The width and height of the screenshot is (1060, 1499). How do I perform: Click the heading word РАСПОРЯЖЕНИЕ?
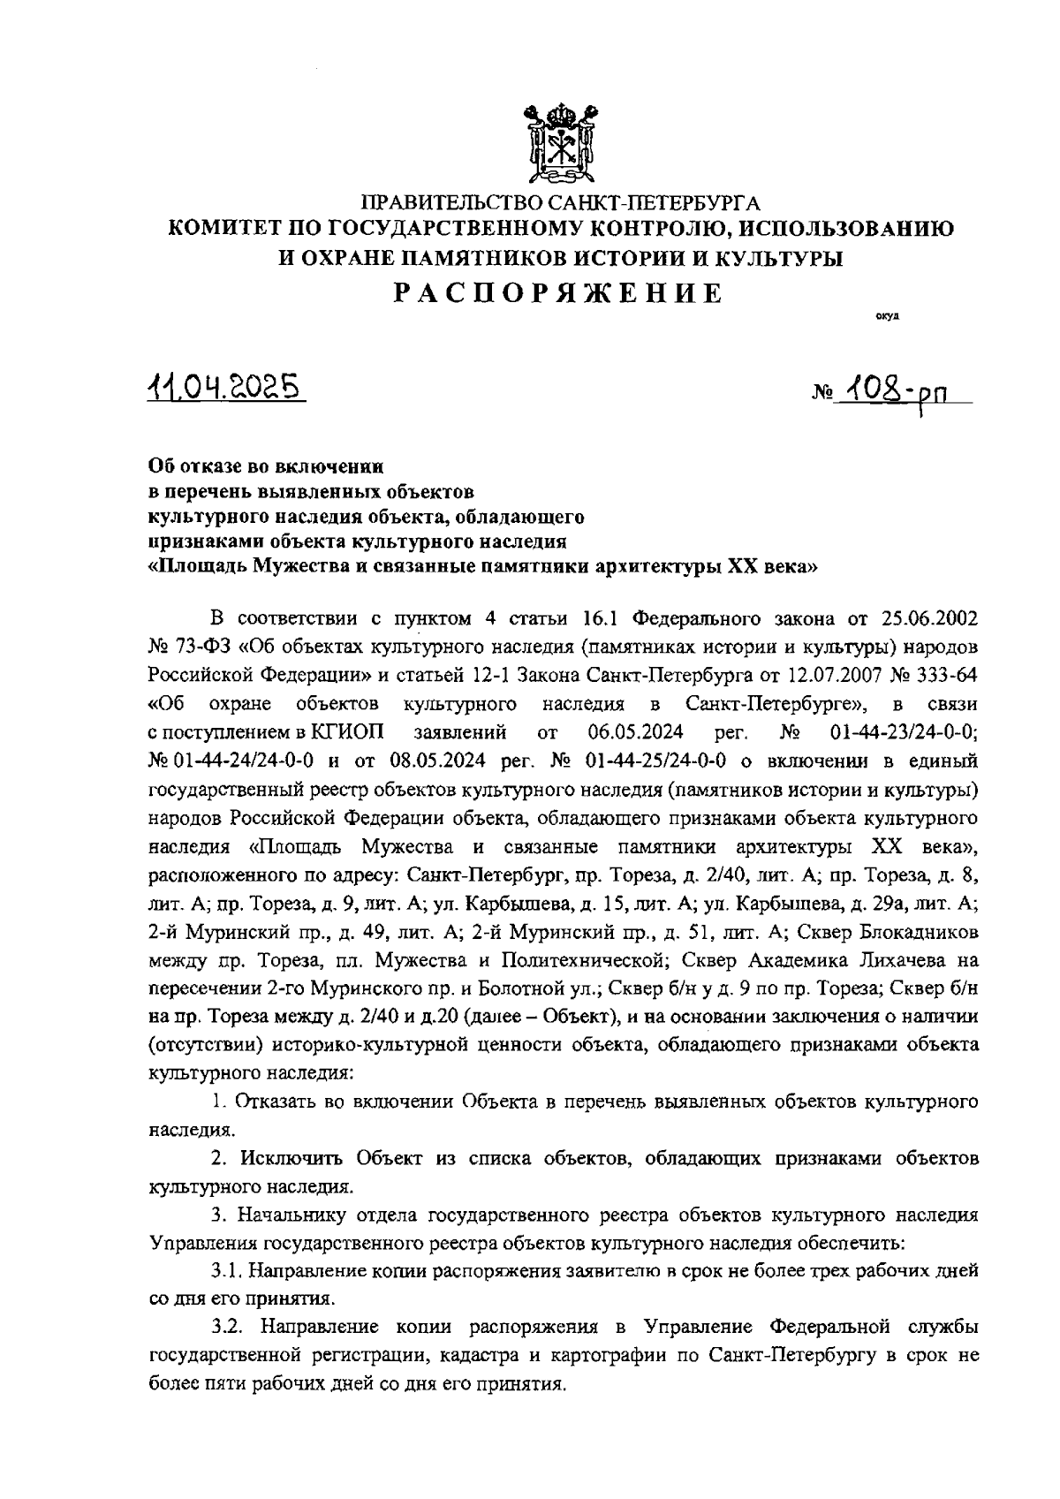pos(557,293)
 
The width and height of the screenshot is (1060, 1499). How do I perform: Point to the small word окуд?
pos(887,315)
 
